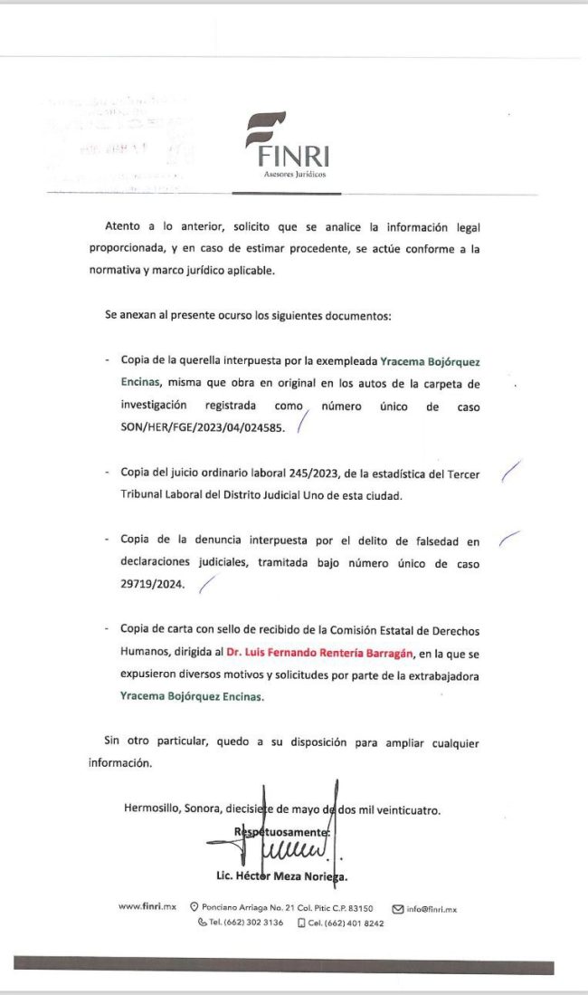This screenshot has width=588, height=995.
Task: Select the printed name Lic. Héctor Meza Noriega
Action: (282, 876)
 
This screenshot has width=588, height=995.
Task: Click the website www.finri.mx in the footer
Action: (147, 908)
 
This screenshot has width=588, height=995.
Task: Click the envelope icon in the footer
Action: (397, 908)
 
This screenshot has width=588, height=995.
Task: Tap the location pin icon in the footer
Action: (194, 908)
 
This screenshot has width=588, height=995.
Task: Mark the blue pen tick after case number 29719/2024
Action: (207, 585)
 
